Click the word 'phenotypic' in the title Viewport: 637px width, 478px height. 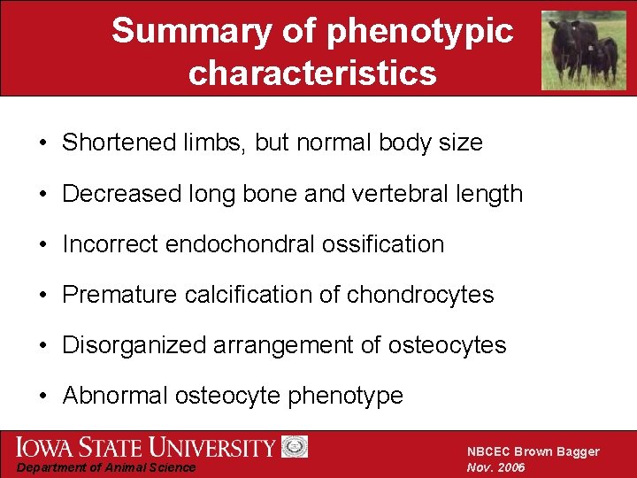420,32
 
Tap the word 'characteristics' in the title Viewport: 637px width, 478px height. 312,73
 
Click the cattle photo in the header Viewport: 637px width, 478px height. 583,50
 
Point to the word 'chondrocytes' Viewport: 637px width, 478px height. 420,294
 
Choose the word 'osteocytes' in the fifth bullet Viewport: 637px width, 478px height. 447,344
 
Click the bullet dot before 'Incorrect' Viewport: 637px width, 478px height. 42,244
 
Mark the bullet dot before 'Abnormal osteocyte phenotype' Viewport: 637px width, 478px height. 42,396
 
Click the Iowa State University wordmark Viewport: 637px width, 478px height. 145,447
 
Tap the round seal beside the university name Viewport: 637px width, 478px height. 295,447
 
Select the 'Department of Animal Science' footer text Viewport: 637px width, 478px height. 107,467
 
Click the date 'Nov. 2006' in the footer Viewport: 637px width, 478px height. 496,467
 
